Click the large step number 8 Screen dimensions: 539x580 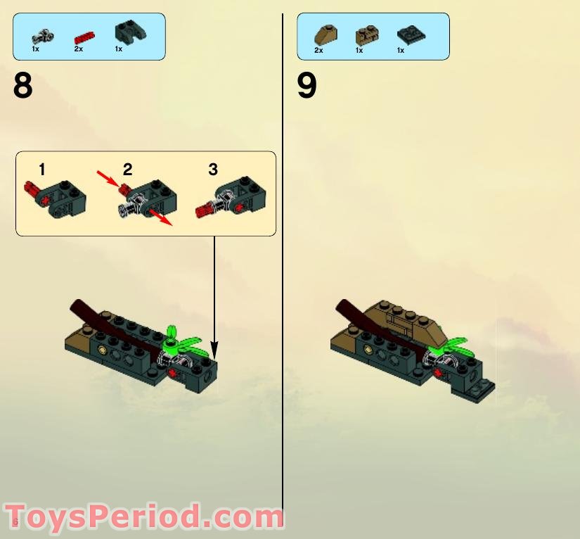point(23,87)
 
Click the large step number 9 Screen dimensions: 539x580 point(307,87)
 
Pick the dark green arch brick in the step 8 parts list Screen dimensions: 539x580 point(126,33)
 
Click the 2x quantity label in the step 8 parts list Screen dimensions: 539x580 point(78,49)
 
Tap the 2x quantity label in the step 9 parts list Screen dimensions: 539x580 point(318,51)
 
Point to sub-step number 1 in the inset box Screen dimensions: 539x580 point(42,169)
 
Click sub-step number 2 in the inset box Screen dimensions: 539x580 point(127,169)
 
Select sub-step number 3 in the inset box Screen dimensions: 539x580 point(213,169)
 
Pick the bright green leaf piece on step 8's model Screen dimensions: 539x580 point(185,343)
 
